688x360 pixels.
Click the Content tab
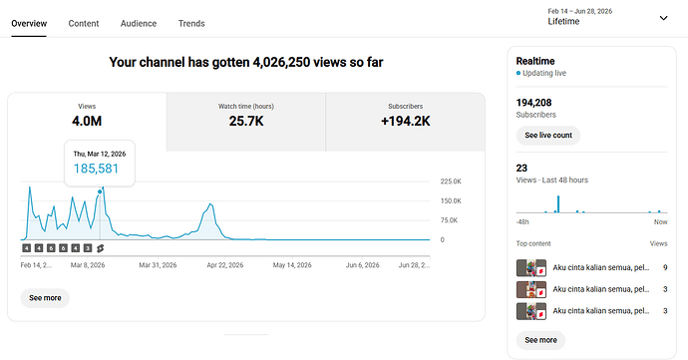(84, 24)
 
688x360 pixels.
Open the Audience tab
(139, 24)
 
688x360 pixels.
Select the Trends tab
(191, 24)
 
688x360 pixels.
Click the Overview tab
(29, 24)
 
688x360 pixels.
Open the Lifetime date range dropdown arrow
(663, 18)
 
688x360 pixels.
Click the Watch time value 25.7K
(246, 122)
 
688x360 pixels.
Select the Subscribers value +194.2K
(406, 122)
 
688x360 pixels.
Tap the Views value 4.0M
(87, 122)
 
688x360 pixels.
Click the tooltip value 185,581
(96, 169)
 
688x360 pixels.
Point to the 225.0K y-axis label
(451, 181)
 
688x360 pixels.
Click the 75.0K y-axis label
(449, 220)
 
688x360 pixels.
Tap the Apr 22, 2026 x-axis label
(225, 265)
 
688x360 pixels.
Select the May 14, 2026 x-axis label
(292, 265)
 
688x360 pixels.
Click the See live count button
(548, 136)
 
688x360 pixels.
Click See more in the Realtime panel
(540, 340)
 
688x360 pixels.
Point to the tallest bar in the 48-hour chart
(558, 204)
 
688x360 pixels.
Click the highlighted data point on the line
(100, 191)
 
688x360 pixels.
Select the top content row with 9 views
(592, 267)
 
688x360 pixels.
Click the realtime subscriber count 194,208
(533, 103)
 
